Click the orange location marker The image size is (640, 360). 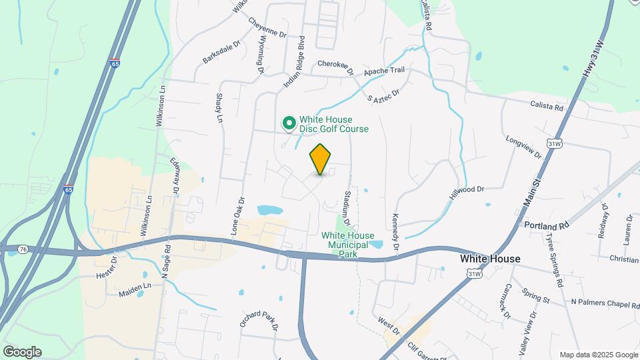pyautogui.click(x=321, y=159)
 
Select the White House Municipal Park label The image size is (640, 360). pyautogui.click(x=348, y=244)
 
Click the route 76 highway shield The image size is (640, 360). pyautogui.click(x=24, y=249)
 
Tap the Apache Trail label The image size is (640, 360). pyautogui.click(x=383, y=71)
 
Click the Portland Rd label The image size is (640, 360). pyautogui.click(x=545, y=225)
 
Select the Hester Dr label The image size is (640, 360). pyautogui.click(x=106, y=269)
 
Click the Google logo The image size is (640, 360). pyautogui.click(x=22, y=352)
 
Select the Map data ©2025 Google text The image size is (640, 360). pyautogui.click(x=597, y=355)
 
